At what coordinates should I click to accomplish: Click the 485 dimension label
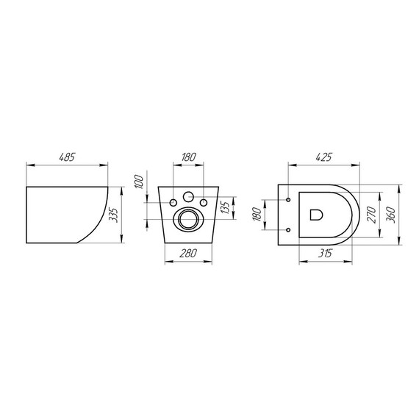pos(66,157)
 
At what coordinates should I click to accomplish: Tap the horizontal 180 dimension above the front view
pos(188,157)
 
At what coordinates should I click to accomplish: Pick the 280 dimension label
pos(189,254)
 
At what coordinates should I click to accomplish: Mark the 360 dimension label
pos(395,214)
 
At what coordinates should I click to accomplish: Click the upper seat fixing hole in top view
pos(290,198)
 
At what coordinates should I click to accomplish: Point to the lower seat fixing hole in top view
pos(290,230)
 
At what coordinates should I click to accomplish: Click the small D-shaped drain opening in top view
pos(317,215)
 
